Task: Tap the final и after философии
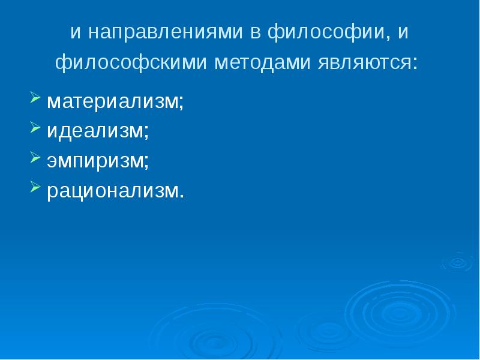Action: (x=403, y=32)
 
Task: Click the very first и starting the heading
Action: (x=76, y=32)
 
